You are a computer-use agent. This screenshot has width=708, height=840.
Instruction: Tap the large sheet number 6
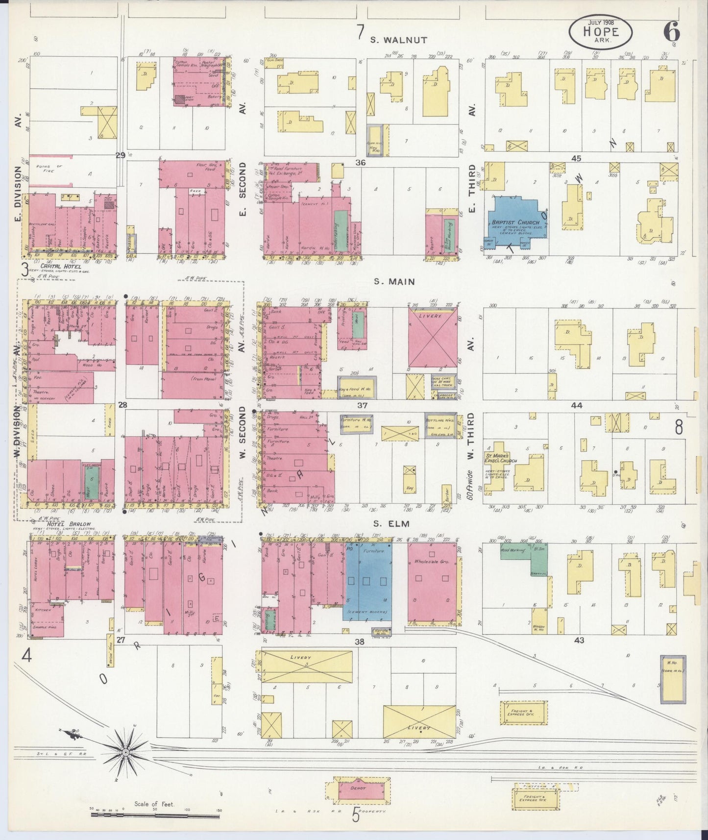coord(671,32)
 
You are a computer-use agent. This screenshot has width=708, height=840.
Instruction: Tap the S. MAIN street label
coord(394,281)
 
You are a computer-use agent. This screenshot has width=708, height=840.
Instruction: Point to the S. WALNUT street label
coord(398,40)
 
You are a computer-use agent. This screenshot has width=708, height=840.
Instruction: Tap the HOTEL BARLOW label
coord(69,524)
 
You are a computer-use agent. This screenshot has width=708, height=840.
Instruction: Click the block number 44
coord(577,405)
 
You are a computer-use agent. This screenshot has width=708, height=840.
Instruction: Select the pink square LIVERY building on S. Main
coord(433,337)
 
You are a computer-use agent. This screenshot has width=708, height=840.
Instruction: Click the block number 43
coord(579,640)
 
